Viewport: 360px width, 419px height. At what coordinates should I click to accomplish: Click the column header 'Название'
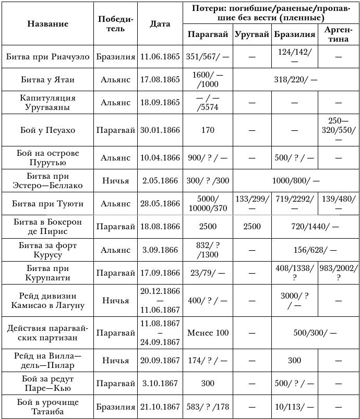point(47,24)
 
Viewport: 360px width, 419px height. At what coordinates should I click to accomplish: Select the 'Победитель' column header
point(115,24)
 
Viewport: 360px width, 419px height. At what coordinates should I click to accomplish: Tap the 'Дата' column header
point(160,24)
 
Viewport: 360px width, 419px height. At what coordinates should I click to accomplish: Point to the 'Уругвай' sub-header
point(252,35)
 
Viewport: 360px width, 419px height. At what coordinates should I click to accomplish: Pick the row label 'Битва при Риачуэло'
point(47,56)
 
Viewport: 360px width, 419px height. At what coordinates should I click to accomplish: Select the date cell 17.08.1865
point(160,79)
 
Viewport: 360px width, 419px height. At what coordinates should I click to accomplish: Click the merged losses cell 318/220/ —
point(296,79)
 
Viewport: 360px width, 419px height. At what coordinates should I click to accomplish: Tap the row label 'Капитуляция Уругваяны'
point(47,103)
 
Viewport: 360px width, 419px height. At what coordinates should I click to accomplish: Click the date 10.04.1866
point(160,157)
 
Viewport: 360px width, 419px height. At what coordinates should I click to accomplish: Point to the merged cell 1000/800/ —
point(296,180)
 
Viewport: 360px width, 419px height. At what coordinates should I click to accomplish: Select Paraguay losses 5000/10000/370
point(208,204)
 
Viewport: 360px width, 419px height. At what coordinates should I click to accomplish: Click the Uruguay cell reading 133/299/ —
point(252,204)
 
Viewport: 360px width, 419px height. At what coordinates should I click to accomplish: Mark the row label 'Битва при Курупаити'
point(47,273)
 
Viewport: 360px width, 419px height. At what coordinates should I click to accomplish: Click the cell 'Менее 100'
point(208,332)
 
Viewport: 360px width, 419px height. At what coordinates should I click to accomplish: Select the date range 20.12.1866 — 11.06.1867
point(160,301)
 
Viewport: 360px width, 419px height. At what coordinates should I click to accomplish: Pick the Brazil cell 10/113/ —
point(296,406)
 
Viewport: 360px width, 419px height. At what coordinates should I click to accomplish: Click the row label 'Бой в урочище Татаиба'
point(47,406)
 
